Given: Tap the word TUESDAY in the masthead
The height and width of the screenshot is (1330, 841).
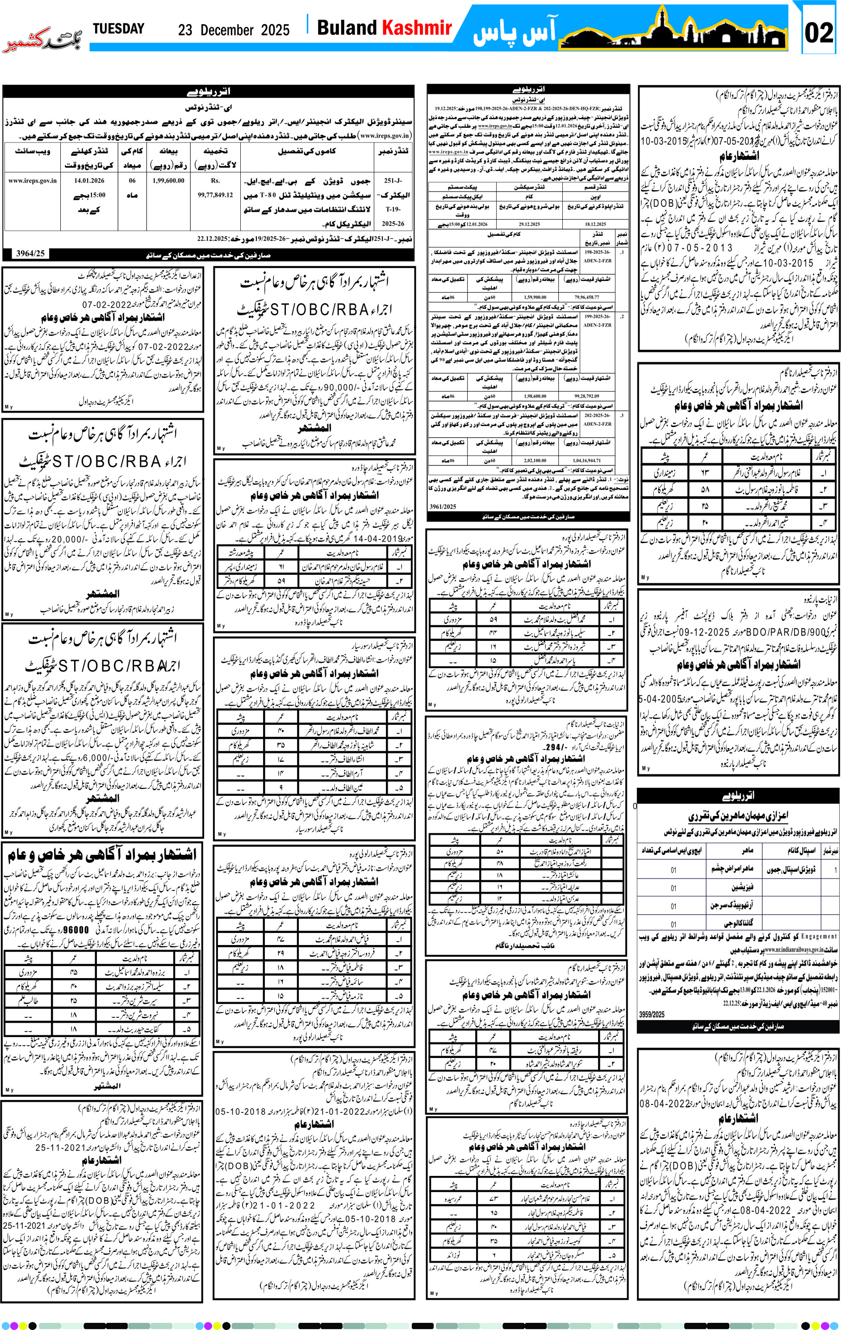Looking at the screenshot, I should (118, 29).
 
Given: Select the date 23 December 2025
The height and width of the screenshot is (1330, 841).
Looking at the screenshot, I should (234, 30).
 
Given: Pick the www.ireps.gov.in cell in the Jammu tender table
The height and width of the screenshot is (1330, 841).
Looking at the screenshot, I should (32, 180).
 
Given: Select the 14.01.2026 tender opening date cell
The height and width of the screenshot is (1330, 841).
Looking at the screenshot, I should (89, 180).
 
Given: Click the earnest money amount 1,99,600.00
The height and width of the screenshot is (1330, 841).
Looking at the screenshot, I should (168, 180).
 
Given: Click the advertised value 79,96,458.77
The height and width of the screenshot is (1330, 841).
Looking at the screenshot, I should (586, 297).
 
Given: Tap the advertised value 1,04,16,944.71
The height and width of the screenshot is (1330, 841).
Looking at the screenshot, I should (586, 460).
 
